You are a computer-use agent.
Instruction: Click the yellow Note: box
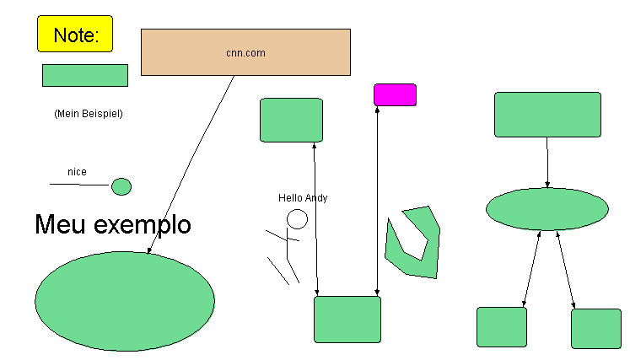point(75,35)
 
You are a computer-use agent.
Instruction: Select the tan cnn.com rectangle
point(245,52)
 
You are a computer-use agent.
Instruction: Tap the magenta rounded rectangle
point(395,94)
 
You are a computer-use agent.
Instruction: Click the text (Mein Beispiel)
point(88,113)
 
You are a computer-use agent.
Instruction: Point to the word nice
point(77,172)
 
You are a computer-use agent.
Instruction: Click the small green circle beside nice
point(121,186)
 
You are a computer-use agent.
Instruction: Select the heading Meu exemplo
point(113,225)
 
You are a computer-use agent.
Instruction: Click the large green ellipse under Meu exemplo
point(125,300)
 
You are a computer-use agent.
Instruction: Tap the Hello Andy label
point(303,198)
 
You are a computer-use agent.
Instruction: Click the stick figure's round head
point(297,219)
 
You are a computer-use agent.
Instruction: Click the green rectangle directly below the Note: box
point(85,75)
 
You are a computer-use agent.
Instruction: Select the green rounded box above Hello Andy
point(291,120)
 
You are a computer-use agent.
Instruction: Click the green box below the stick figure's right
point(347,319)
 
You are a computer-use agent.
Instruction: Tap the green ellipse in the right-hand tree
point(547,209)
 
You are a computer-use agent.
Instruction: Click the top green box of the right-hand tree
point(547,115)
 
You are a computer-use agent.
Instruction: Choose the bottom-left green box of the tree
point(502,327)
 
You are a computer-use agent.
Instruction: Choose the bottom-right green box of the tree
point(595,329)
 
